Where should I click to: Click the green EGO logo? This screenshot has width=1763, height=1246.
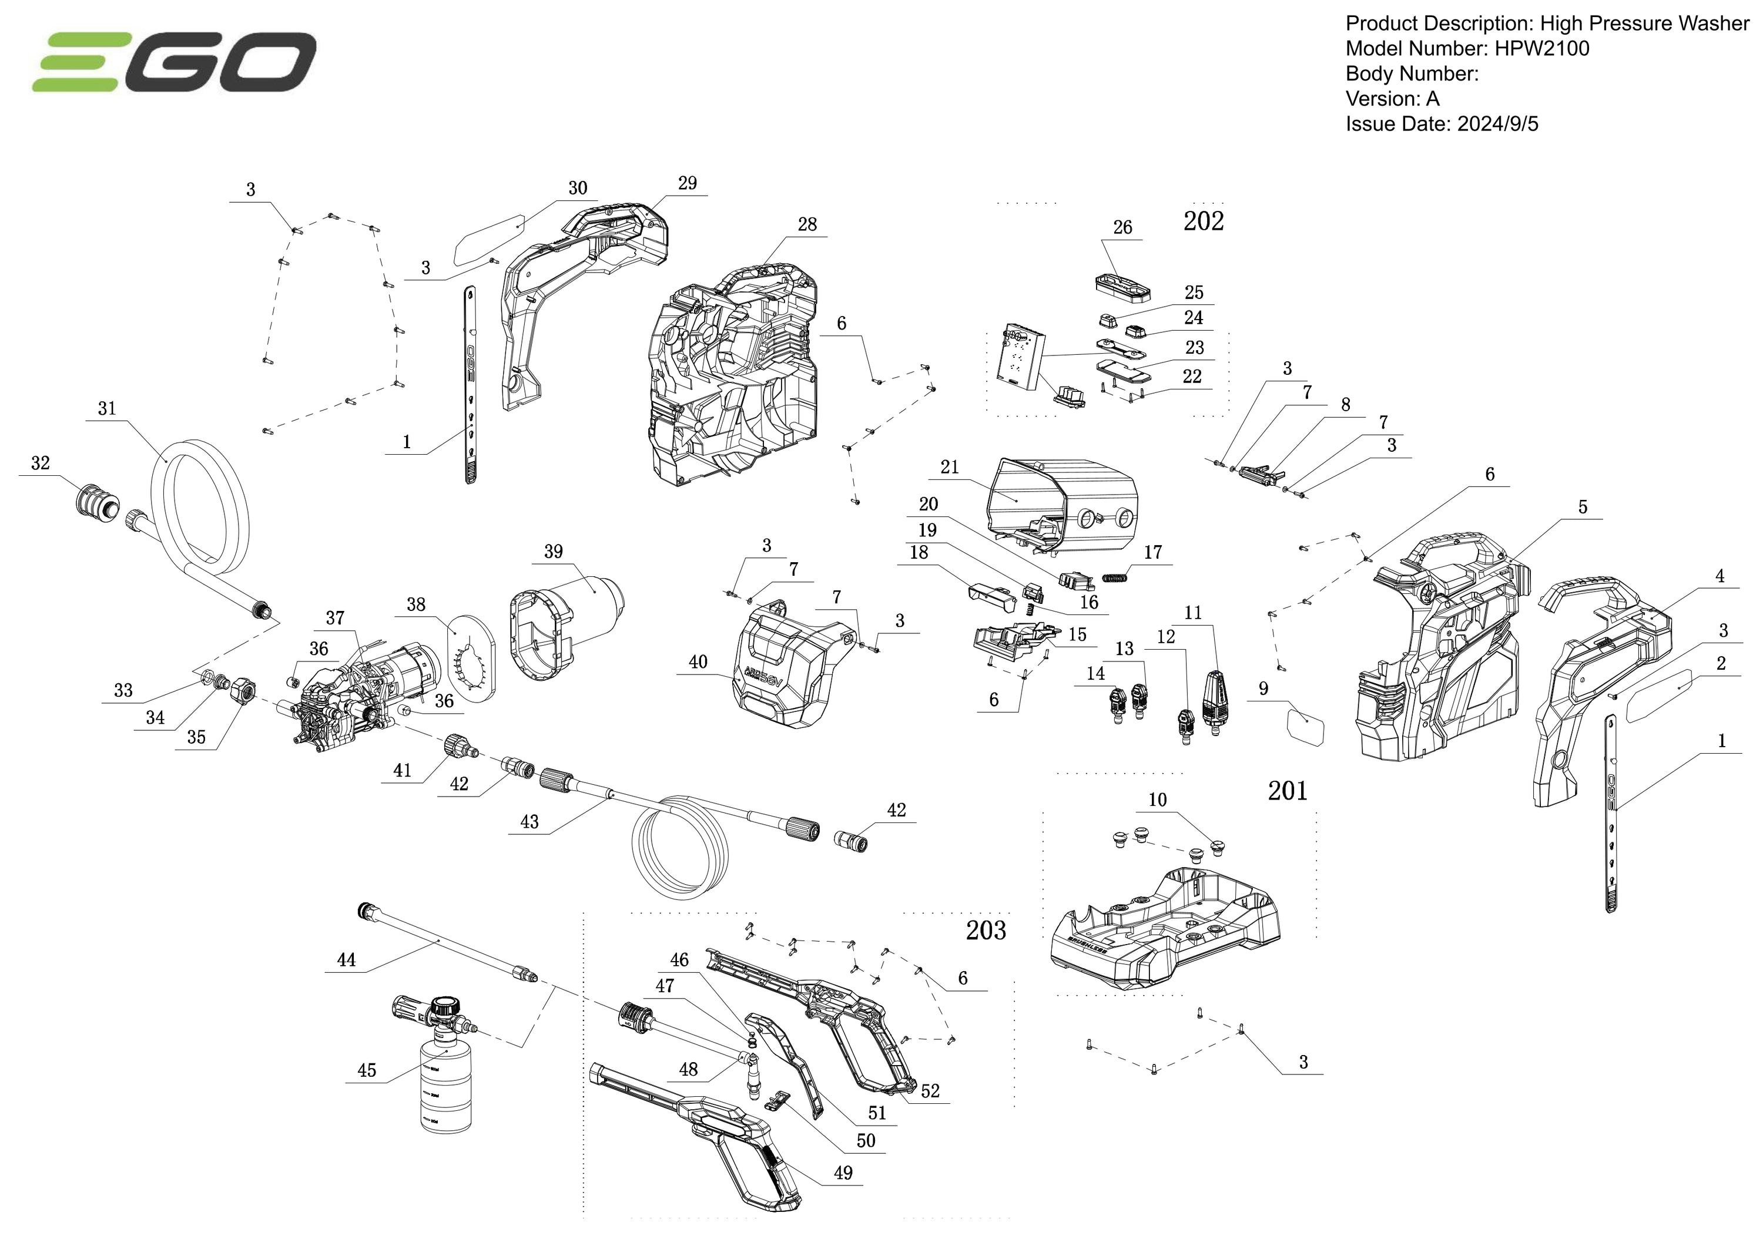click(x=175, y=62)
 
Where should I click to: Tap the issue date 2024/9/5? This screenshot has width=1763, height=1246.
click(x=1497, y=123)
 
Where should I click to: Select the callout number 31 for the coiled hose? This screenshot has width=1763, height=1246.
click(x=107, y=408)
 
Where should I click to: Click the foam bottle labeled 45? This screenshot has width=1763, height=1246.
click(x=446, y=1083)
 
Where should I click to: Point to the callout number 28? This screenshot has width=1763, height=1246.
click(x=807, y=224)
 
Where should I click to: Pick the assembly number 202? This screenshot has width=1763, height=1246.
click(x=1203, y=221)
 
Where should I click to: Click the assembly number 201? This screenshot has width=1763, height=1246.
click(x=1287, y=790)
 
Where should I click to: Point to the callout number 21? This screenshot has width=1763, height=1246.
click(x=950, y=467)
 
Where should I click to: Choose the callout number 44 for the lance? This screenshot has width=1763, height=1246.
click(x=346, y=960)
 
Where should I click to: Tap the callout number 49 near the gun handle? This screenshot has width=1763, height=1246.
click(x=843, y=1173)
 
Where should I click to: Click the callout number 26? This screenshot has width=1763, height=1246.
click(x=1122, y=227)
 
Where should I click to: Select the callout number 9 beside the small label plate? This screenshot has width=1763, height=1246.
click(x=1263, y=689)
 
